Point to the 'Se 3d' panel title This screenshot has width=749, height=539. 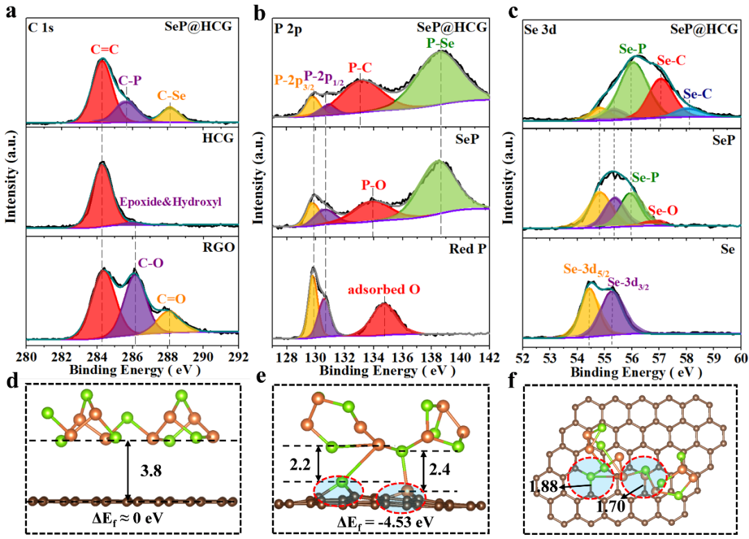(540, 31)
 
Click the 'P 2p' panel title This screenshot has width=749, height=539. (289, 31)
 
